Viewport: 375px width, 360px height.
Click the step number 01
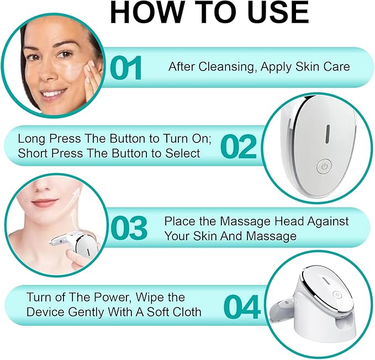click(126, 68)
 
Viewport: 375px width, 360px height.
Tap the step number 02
click(239, 146)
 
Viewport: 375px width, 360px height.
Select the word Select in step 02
click(183, 153)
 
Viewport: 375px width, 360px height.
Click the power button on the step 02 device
click(324, 166)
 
